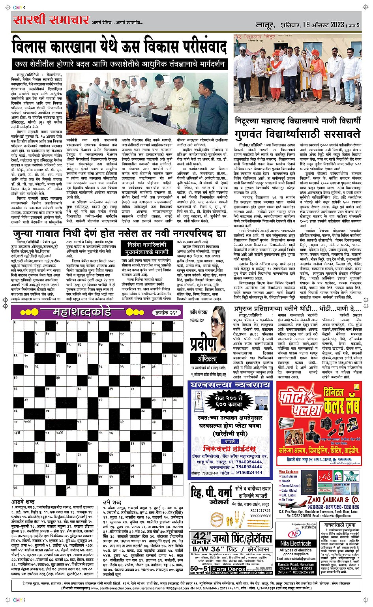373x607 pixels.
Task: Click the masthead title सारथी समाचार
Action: [x=51, y=20]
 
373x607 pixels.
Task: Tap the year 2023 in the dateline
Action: [x=337, y=25]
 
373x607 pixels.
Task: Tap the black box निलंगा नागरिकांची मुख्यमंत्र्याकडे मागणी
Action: [x=148, y=248]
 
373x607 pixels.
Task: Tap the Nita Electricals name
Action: [x=296, y=543]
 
